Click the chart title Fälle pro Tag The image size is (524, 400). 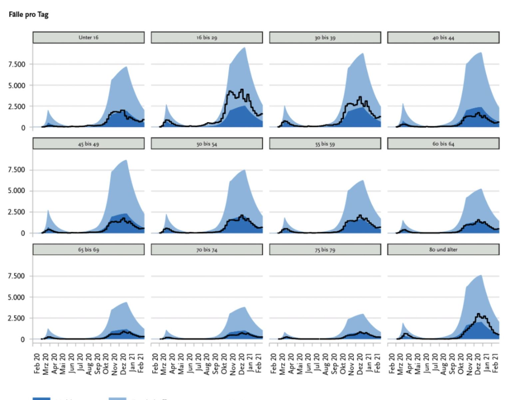(29, 15)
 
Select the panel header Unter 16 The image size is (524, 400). (89, 37)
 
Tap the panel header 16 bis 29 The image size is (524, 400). (207, 37)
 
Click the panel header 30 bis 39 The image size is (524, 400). (325, 37)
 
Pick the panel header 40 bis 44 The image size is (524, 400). (443, 37)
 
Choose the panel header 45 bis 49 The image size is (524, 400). (89, 144)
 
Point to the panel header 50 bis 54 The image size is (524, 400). (207, 144)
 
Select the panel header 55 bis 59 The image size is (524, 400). (325, 144)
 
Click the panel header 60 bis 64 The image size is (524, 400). (443, 144)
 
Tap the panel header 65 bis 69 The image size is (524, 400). (89, 249)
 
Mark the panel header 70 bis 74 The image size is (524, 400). (207, 249)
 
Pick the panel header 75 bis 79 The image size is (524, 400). (325, 249)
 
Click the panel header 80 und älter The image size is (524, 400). (443, 249)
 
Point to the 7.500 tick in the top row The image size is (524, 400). (17, 64)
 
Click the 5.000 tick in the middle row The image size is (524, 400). (17, 191)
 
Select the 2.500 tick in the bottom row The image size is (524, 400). (17, 318)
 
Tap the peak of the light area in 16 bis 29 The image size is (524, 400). (245, 48)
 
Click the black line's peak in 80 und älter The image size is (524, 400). (478, 314)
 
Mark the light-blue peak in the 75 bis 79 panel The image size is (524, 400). (363, 314)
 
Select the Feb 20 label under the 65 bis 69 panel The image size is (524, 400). (37, 363)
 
